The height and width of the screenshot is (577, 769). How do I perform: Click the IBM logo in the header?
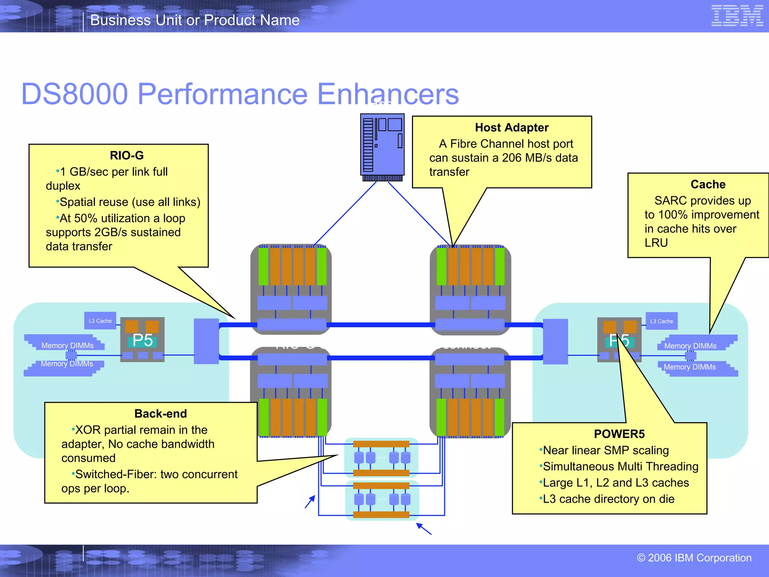click(x=737, y=16)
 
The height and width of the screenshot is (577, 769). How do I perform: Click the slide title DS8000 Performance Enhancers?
click(x=240, y=94)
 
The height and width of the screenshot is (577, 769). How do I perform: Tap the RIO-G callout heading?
click(x=127, y=155)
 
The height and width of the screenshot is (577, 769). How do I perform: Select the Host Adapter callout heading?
click(x=511, y=127)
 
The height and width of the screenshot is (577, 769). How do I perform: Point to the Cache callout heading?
click(x=708, y=184)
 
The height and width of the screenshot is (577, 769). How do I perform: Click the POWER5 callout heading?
click(x=619, y=434)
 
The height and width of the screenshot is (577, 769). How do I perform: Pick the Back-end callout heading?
click(x=160, y=414)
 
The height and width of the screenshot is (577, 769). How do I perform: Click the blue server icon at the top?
click(x=382, y=147)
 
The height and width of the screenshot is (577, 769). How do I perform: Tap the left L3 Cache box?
click(x=100, y=321)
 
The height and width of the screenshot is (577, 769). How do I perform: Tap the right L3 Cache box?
click(x=662, y=321)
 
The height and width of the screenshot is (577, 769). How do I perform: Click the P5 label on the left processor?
click(x=142, y=340)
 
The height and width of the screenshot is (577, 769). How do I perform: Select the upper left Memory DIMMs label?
click(x=68, y=345)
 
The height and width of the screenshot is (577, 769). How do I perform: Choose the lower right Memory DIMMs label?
click(x=689, y=367)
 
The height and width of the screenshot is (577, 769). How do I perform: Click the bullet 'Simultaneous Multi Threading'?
click(x=620, y=467)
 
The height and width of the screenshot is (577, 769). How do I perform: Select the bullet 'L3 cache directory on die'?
click(x=608, y=499)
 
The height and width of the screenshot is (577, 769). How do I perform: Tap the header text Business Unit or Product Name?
click(x=195, y=20)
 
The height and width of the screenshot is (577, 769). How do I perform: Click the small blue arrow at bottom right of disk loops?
click(x=424, y=529)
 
